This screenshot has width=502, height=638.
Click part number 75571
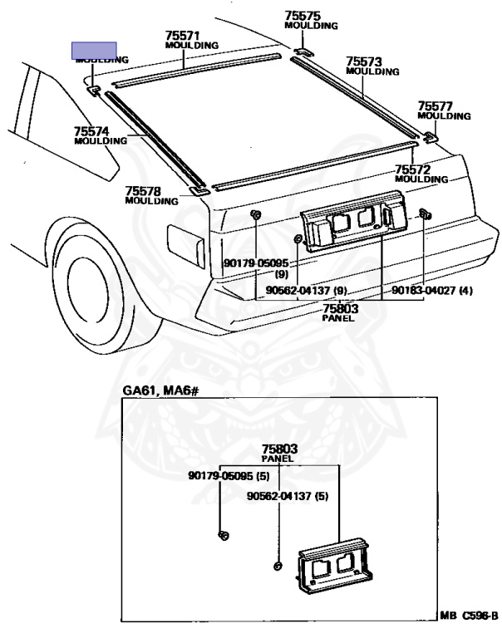point(182,36)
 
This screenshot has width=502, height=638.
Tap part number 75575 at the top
point(302,16)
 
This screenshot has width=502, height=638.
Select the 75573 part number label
point(364,61)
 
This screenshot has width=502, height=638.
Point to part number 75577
point(435,106)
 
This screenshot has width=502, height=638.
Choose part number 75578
point(142,191)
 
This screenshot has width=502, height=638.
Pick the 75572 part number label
point(412,169)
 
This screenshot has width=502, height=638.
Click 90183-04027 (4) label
point(432,291)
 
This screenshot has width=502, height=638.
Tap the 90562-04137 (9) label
point(307,291)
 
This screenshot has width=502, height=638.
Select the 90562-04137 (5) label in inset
point(288,496)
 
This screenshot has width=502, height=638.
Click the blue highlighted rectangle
point(93,50)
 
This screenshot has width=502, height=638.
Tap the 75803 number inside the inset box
point(279,449)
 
